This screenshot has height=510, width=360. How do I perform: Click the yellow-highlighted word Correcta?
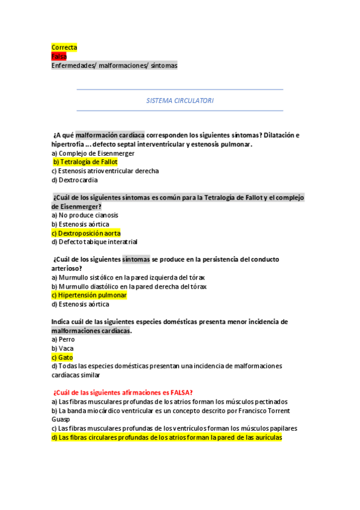click(64, 48)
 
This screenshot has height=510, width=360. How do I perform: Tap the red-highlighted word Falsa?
click(59, 57)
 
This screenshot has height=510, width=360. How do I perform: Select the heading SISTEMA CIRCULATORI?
click(180, 100)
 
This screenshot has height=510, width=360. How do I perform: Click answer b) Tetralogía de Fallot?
click(85, 162)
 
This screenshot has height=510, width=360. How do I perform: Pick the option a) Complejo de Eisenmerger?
click(93, 153)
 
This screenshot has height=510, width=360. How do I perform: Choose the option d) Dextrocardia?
click(75, 180)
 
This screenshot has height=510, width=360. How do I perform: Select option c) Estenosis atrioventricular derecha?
click(105, 171)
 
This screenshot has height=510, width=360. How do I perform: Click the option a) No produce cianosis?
click(85, 215)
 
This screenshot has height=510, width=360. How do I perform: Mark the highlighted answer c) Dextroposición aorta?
click(86, 233)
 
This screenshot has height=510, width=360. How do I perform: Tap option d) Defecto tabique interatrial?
click(94, 242)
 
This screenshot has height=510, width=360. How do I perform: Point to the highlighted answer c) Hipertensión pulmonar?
click(89, 295)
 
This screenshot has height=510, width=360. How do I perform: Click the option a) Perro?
click(63, 339)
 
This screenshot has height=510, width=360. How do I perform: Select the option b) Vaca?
click(63, 348)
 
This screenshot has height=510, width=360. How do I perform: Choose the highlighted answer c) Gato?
click(62, 357)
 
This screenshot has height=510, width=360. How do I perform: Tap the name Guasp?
click(61, 419)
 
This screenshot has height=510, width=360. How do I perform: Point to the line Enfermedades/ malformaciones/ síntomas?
click(114, 66)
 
